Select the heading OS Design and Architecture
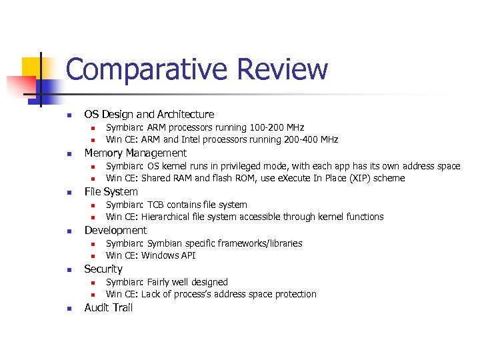click(149, 115)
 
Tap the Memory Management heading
click(135, 153)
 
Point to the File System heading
click(111, 192)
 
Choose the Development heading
click(115, 231)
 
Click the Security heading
click(103, 269)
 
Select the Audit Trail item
click(108, 308)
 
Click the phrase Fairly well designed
click(187, 282)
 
